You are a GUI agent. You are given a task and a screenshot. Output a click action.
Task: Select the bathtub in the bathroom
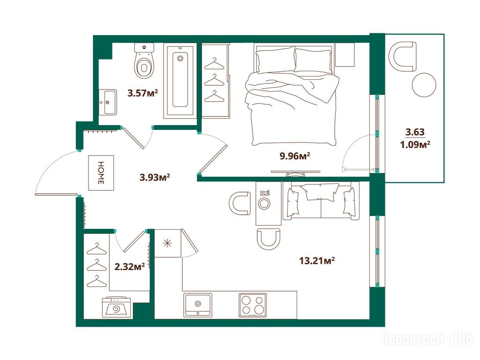(x=180, y=81)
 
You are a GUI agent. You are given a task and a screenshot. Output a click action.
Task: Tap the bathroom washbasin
(x=107, y=102)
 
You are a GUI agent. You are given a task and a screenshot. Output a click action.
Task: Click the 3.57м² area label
(x=142, y=93)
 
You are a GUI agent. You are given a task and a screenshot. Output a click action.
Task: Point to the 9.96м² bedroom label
(x=295, y=157)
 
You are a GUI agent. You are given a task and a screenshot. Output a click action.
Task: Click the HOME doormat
(x=101, y=173)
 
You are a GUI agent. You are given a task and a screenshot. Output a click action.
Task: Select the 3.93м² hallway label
(x=155, y=177)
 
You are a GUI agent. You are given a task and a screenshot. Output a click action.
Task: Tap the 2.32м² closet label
(x=129, y=267)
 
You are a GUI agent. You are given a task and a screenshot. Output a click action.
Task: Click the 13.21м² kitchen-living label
(x=316, y=261)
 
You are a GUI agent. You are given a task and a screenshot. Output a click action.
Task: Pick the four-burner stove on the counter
(x=253, y=305)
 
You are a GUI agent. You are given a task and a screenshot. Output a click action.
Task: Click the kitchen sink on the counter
(x=198, y=305)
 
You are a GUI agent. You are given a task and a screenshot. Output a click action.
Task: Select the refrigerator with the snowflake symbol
(x=168, y=243)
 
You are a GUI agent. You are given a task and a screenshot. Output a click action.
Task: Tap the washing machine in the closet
(x=117, y=307)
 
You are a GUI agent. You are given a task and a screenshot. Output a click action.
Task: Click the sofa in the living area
(x=321, y=201)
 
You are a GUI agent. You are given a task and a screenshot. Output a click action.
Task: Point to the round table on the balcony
(x=424, y=85)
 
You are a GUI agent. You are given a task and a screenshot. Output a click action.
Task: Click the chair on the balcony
(x=403, y=56)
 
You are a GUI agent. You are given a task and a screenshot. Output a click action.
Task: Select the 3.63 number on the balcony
(x=415, y=132)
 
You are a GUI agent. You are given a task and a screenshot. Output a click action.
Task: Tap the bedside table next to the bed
(x=345, y=54)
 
